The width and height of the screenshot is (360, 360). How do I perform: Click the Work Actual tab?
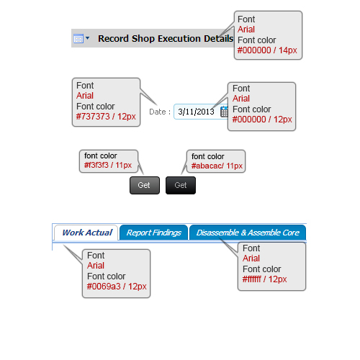point(86,233)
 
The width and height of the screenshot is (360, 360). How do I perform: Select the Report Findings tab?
point(153,233)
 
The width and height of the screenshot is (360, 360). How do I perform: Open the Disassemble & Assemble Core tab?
point(248,233)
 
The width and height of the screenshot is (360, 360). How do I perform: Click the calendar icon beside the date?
point(224,112)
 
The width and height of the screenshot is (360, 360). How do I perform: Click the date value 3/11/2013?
point(196,112)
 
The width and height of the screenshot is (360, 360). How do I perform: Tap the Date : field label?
point(160,112)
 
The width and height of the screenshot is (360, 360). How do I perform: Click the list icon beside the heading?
point(78,38)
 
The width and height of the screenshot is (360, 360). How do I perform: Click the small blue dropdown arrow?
point(87,38)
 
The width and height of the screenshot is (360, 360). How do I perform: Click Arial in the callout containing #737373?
point(85,96)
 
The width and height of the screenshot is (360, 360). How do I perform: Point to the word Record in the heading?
point(113,38)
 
